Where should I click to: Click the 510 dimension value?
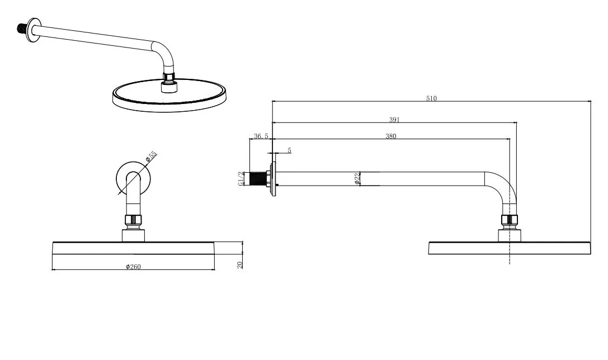(x=431, y=98)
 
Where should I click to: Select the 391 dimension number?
(x=394, y=120)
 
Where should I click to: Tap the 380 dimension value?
(x=391, y=136)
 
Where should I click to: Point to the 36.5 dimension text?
(x=261, y=136)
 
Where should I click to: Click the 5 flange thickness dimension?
(x=289, y=150)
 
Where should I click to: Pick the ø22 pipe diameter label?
(x=357, y=178)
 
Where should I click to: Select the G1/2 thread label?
(x=241, y=179)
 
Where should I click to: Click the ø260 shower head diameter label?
(x=133, y=267)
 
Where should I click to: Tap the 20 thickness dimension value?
(x=239, y=265)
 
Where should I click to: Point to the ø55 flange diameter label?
(x=151, y=157)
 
